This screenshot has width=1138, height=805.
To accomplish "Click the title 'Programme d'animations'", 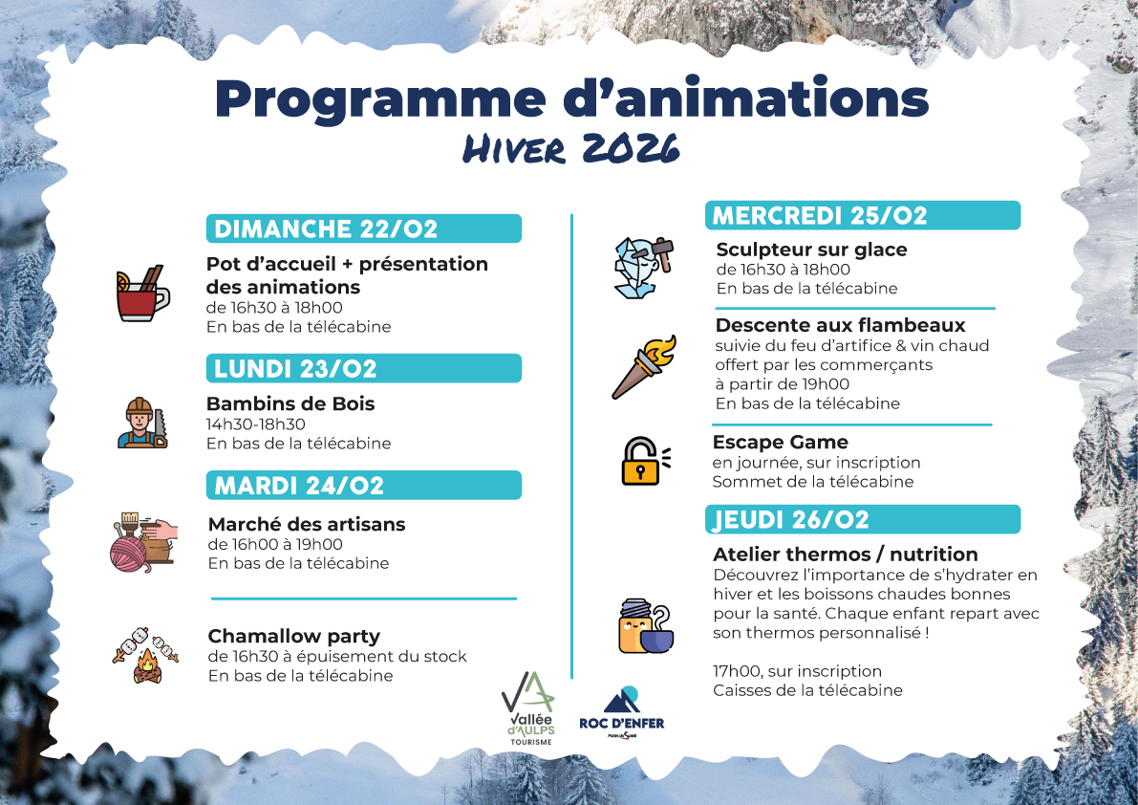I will coord(571,100).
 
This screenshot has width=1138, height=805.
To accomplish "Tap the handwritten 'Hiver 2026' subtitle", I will coord(571,149).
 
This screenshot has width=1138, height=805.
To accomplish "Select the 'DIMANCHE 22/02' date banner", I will coord(364,228).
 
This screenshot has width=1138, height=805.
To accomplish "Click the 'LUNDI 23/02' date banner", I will coord(364,369).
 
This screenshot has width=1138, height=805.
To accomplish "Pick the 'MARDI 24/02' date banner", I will coord(364,486).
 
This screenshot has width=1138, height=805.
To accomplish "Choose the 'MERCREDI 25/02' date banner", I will coord(862,215).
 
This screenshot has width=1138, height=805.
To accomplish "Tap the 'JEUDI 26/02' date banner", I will coord(862,519).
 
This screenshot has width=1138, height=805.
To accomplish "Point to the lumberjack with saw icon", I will coord(141,422).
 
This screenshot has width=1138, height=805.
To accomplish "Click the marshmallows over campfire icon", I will coord(145,655).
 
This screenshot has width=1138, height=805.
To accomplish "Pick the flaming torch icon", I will coord(643,366).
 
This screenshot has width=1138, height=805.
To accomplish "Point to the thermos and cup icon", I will coord(643,627).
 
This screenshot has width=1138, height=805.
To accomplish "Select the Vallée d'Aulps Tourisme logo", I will coord(527,708).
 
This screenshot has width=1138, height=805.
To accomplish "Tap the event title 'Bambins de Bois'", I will coord(290,403).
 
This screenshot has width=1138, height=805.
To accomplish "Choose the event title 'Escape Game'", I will coord(780,442).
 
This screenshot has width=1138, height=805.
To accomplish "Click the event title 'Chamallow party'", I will coord(293,636).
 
